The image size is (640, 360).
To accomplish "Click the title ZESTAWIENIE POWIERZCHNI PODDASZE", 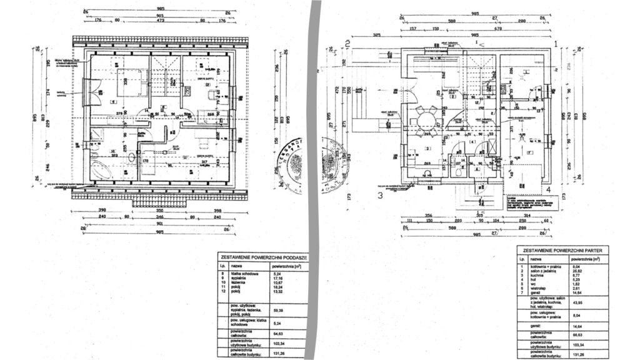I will [x=262, y=257].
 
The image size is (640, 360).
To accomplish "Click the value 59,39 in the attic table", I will [x=279, y=310].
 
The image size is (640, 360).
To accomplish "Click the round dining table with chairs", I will [x=427, y=119].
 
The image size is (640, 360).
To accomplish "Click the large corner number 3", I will [x=380, y=195].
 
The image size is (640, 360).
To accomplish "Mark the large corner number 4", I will [x=547, y=189].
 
